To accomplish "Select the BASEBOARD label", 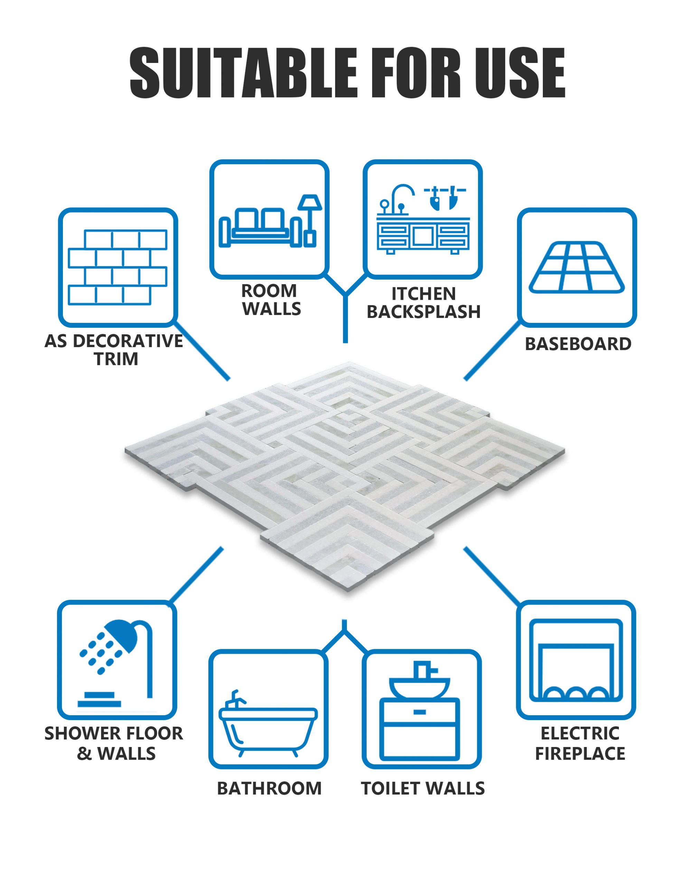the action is (x=578, y=344).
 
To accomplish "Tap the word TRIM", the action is (x=116, y=359).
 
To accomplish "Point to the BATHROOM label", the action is (x=269, y=789).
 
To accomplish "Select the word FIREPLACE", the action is (x=580, y=754).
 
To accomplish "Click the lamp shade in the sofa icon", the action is (x=310, y=202).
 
